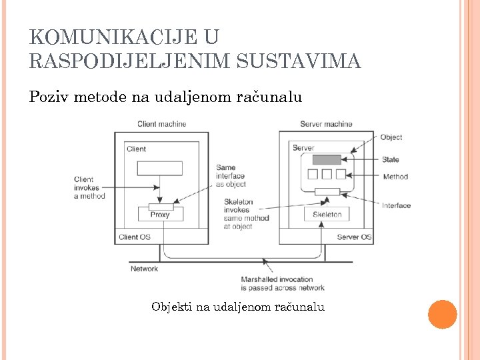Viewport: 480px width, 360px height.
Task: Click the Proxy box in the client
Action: [x=160, y=214]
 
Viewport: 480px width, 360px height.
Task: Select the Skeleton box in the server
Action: [x=327, y=214]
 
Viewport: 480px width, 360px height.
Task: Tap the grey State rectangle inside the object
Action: [x=327, y=160]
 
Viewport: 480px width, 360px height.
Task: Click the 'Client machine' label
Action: [x=162, y=124]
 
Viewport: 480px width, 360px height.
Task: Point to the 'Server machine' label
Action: [x=326, y=124]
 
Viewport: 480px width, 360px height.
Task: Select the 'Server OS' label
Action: [x=354, y=237]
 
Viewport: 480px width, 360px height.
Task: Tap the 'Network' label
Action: [x=144, y=269]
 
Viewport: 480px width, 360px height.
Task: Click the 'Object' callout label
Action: [x=391, y=137]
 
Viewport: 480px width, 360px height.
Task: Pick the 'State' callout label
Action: [x=391, y=160]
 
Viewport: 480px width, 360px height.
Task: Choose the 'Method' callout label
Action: [x=395, y=177]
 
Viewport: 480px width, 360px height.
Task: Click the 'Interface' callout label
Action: [x=396, y=205]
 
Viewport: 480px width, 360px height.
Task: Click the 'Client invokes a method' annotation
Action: [x=89, y=187]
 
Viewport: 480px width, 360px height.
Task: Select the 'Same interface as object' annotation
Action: [x=231, y=176]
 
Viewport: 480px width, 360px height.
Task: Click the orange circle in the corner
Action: [x=442, y=314]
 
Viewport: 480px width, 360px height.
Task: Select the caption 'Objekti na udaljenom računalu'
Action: [x=238, y=307]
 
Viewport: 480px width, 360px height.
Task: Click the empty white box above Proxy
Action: [x=160, y=168]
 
